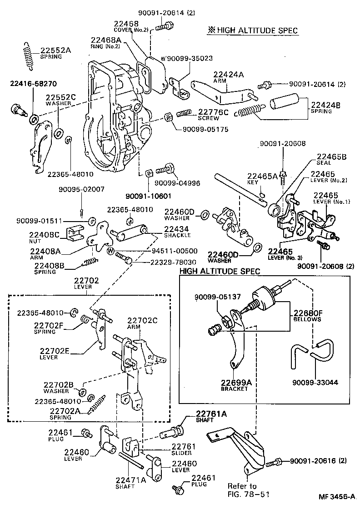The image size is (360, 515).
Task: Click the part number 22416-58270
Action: coord(34,84)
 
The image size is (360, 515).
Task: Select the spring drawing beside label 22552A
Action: coord(28,56)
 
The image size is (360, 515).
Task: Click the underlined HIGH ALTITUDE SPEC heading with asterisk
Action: coord(253,30)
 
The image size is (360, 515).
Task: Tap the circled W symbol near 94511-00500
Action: coord(110,251)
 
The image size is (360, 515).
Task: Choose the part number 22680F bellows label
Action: coord(307,313)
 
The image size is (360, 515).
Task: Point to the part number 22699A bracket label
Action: coord(236,383)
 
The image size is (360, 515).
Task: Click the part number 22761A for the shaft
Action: coord(211,414)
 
